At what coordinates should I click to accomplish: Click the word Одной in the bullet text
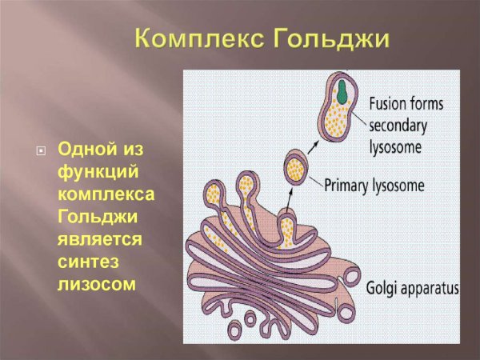(86, 150)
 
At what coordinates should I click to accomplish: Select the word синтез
(85, 262)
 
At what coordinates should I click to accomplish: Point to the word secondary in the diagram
(398, 126)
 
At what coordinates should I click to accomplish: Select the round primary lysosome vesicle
(297, 168)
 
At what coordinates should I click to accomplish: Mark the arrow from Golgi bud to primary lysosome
(290, 198)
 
